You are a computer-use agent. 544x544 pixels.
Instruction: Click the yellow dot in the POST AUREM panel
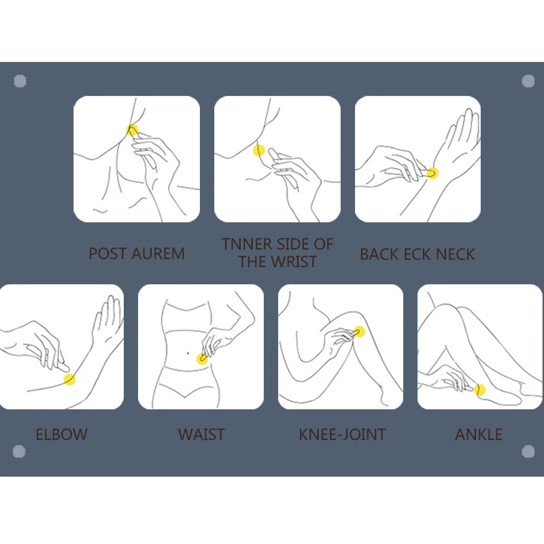(132, 131)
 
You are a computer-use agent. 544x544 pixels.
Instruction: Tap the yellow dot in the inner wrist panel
(259, 150)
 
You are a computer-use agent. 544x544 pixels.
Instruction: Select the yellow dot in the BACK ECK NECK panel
(432, 173)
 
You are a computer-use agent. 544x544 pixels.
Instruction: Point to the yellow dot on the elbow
(69, 379)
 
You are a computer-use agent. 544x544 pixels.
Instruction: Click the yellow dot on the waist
(202, 359)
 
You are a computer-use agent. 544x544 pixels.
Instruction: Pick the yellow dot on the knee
(360, 332)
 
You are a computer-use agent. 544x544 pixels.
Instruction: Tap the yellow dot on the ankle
(480, 390)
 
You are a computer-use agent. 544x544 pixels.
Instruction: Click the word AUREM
(158, 254)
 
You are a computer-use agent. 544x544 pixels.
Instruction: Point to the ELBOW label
(62, 435)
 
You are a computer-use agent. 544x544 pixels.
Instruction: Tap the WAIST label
(201, 435)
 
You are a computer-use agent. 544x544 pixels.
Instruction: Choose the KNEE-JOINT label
(343, 435)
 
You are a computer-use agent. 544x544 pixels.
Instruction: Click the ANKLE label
(479, 435)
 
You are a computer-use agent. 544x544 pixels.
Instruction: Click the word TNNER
(247, 244)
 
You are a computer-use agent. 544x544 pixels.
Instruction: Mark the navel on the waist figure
(188, 353)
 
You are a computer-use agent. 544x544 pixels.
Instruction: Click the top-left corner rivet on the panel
(20, 81)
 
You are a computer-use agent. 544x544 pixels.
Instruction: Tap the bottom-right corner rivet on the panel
(528, 452)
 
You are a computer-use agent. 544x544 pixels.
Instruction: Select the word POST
(108, 254)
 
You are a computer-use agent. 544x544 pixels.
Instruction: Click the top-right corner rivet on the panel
(528, 81)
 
